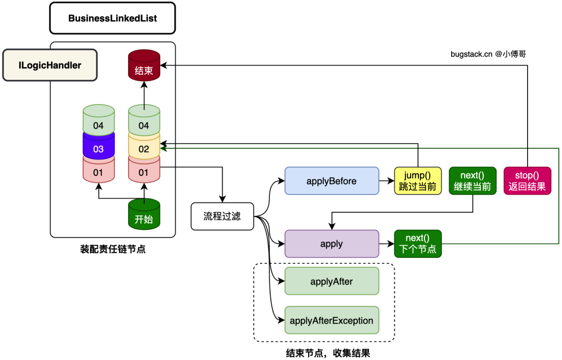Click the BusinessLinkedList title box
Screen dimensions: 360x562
112,18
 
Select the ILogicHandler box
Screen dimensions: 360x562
50,65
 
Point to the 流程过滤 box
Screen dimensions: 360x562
222,216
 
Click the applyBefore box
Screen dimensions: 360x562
331,181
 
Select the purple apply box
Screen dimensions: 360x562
331,243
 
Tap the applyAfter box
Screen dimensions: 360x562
331,281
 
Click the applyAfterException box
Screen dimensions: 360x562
331,320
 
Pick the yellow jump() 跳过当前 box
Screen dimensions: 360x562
417,181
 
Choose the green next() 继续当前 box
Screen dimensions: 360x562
472,181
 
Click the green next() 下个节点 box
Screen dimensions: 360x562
417,243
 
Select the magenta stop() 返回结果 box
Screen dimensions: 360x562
527,181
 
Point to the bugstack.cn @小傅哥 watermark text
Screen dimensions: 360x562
492,54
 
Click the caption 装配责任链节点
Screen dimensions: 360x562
112,249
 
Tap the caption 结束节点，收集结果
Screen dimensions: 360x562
328,353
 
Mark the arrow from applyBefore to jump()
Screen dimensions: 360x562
386,181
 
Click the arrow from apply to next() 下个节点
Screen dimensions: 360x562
386,243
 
